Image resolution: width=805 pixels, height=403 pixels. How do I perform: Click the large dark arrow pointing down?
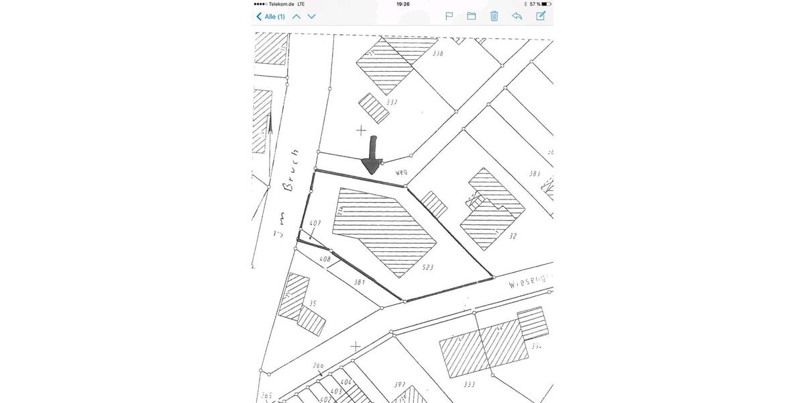click(x=371, y=156)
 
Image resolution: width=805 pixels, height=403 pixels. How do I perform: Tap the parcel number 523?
click(x=427, y=267)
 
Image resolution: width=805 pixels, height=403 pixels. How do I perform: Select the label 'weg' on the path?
click(x=402, y=173)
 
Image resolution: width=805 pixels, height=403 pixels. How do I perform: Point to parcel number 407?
click(x=315, y=223)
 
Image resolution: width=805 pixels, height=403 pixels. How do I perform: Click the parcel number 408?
click(x=325, y=259)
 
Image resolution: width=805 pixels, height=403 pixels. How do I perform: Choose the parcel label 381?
click(x=360, y=283)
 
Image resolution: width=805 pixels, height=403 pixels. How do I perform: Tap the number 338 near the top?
click(x=437, y=52)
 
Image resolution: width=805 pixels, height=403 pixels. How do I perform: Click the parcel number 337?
click(x=392, y=103)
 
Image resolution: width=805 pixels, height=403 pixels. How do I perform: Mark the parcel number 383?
click(x=534, y=173)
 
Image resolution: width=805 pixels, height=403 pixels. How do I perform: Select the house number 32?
click(x=513, y=236)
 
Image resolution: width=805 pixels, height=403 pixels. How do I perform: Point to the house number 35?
click(x=313, y=304)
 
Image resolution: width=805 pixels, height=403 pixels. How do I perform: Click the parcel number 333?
click(x=469, y=384)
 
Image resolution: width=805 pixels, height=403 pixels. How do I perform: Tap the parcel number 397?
click(x=400, y=384)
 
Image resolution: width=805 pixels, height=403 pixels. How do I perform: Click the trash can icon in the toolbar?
click(x=494, y=16)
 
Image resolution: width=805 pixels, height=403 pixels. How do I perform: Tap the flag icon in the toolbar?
click(x=449, y=16)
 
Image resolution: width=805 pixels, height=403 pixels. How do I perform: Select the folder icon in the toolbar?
click(x=472, y=16)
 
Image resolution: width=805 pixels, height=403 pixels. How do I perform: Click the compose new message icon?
click(x=541, y=15)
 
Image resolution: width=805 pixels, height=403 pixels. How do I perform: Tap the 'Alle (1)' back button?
click(x=271, y=16)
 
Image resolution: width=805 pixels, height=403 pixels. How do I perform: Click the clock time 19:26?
click(x=403, y=4)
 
